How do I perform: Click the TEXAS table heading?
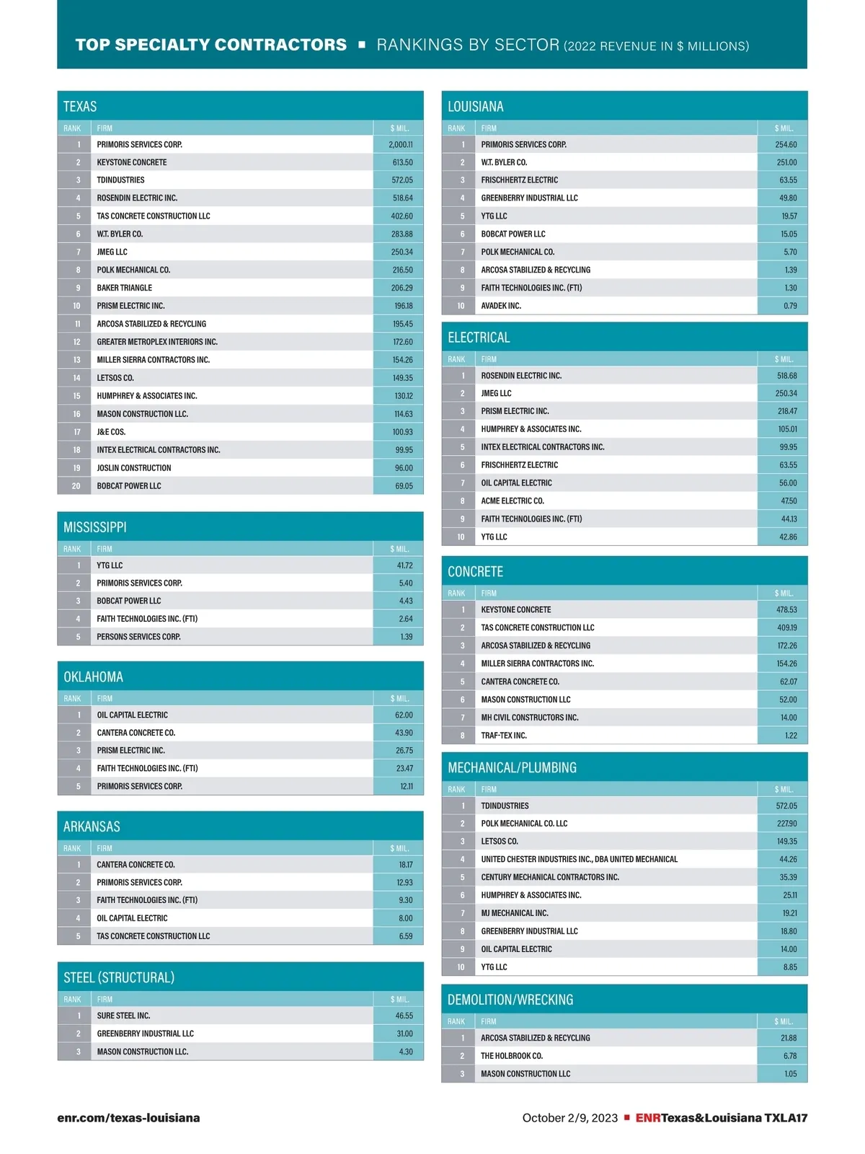pos(80,107)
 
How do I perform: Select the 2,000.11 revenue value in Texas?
pos(401,144)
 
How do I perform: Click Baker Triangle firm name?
pos(125,288)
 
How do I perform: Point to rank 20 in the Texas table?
pos(76,486)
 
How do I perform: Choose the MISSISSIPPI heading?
pos(95,527)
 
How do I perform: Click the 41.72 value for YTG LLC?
pos(404,565)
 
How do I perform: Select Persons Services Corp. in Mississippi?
pos(138,637)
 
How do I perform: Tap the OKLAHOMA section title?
pos(93,677)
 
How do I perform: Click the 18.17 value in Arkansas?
pos(406,864)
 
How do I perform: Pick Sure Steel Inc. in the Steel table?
pos(123,1016)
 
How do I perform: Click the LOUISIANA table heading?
pos(476,107)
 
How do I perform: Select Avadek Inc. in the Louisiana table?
pos(501,306)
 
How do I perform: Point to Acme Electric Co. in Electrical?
pos(513,501)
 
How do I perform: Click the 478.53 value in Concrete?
pos(786,609)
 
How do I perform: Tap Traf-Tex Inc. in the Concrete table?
pos(504,736)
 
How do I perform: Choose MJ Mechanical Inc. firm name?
pos(515,913)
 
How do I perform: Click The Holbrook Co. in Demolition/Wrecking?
pos(512,1056)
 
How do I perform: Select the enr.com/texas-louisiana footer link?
pos(128,1118)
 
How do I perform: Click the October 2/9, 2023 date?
pos(569,1118)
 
